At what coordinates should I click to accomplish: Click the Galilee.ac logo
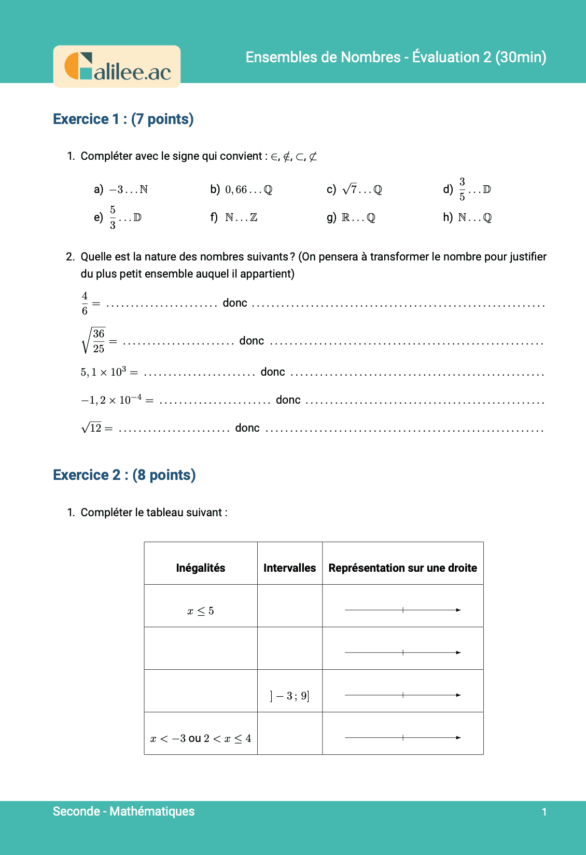[117, 67]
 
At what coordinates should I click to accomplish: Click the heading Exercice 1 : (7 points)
[123, 119]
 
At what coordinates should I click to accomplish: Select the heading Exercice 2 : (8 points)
[124, 475]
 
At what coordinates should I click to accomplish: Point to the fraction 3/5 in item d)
[462, 189]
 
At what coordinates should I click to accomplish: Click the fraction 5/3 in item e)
[113, 217]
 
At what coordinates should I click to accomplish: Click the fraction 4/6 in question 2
[85, 304]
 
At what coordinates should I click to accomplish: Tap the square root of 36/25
[94, 341]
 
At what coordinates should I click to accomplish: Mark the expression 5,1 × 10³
[104, 372]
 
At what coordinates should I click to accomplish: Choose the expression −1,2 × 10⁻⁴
[111, 400]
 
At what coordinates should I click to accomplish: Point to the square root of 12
[92, 428]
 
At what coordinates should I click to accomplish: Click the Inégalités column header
[201, 568]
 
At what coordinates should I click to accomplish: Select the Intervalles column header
[289, 568]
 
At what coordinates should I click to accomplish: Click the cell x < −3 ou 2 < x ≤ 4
[201, 738]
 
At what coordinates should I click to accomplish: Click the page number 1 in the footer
[544, 812]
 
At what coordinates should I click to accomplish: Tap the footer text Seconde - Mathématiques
[124, 811]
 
